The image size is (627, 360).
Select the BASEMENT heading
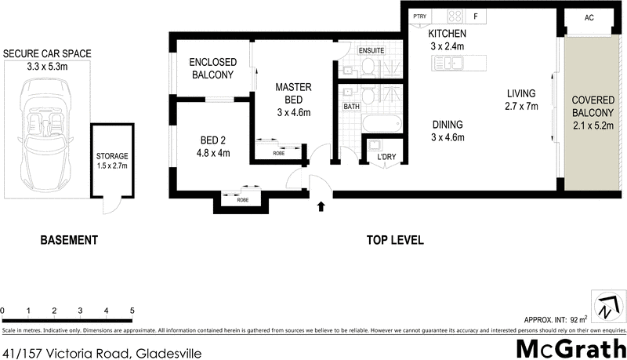(69, 240)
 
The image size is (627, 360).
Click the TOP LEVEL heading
(395, 240)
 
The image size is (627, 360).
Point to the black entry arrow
(320, 207)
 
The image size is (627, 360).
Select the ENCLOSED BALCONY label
(213, 69)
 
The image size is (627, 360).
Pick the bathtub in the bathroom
(382, 123)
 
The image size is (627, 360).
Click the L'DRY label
(386, 157)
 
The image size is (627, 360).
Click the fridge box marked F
(475, 16)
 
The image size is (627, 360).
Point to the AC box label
(591, 17)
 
